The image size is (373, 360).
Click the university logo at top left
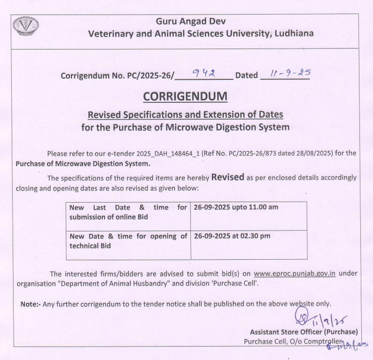point(26,26)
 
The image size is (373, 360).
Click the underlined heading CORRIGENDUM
point(185,96)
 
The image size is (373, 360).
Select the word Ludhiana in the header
point(293,33)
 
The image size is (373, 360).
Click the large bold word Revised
point(228,177)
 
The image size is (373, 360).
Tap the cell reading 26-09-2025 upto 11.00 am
point(237,207)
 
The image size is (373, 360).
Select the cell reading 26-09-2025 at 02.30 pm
point(232,235)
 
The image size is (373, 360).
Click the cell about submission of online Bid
point(128,212)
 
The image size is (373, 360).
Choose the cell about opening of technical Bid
point(128,240)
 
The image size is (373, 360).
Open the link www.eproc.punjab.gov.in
point(295,273)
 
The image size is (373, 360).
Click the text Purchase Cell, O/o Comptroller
point(292,341)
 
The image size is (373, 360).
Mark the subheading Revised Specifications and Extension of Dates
point(185,115)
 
